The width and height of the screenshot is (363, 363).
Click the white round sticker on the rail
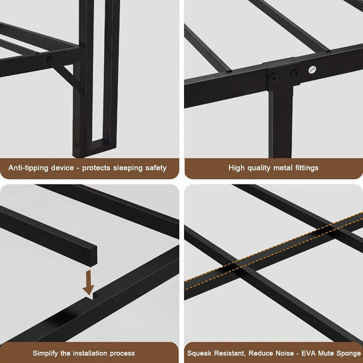[x=312, y=70]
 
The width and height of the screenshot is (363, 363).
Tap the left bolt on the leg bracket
[x=273, y=78]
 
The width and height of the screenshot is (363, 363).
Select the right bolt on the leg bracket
[x=295, y=74]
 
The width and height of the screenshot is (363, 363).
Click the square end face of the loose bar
[x=93, y=256]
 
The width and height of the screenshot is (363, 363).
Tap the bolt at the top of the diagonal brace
[x=50, y=61]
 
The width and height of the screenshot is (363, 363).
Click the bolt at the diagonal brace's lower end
[x=83, y=91]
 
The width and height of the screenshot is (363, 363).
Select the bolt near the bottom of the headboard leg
[x=76, y=146]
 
